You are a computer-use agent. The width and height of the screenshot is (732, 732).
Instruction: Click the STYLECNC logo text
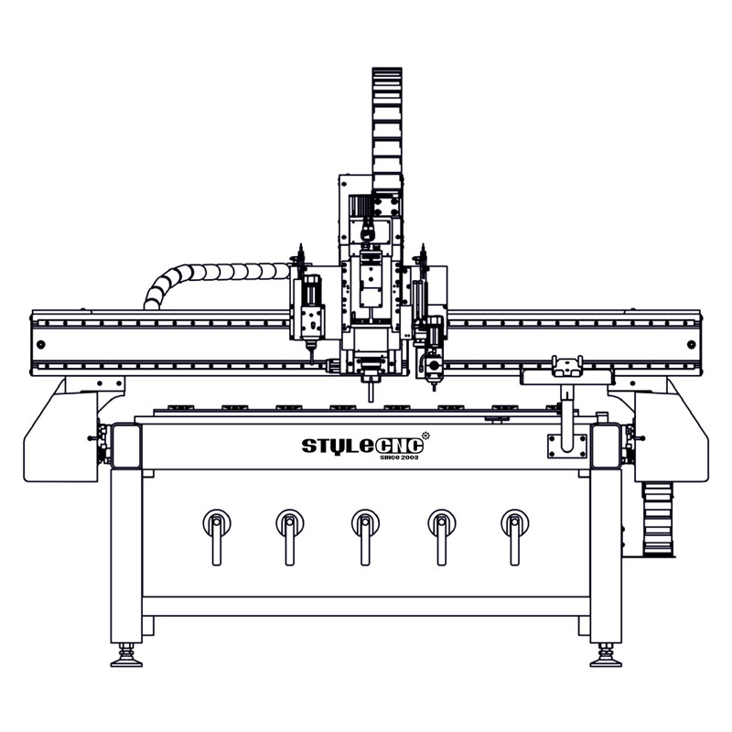pos(362,446)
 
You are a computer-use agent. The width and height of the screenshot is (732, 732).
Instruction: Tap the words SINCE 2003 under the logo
pos(399,457)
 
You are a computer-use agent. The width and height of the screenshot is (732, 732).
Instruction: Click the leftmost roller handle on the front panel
pos(217,537)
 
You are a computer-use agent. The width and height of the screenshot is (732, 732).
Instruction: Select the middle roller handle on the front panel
pos(365,537)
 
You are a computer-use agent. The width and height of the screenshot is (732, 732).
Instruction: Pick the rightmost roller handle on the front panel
pos(514,537)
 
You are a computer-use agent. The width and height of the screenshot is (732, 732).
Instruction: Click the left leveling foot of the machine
pos(126,655)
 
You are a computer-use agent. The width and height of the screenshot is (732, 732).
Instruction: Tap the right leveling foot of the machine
pos(606,655)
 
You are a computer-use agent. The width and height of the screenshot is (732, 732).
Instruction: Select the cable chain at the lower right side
pos(658,519)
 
